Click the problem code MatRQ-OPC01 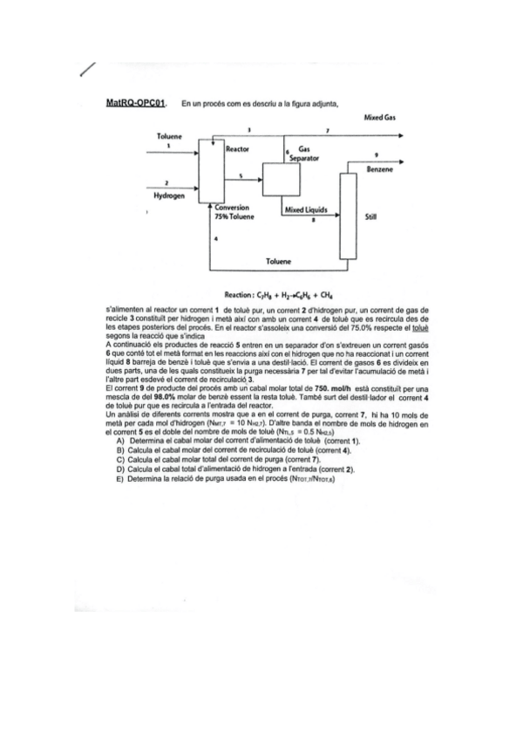point(135,103)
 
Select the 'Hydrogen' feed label point(169,196)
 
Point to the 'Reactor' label point(237,150)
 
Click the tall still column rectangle point(348,216)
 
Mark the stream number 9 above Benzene point(376,154)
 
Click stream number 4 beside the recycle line point(215,238)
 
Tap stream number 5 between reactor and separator point(241,177)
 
